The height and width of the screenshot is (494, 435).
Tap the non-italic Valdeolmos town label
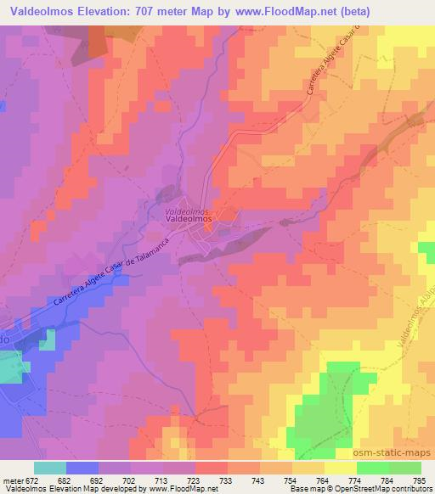189,218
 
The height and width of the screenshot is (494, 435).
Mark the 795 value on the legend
420,480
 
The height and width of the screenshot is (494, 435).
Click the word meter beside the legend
12,480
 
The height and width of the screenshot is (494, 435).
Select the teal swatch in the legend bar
50,469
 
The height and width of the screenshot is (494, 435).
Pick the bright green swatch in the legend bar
372,469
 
